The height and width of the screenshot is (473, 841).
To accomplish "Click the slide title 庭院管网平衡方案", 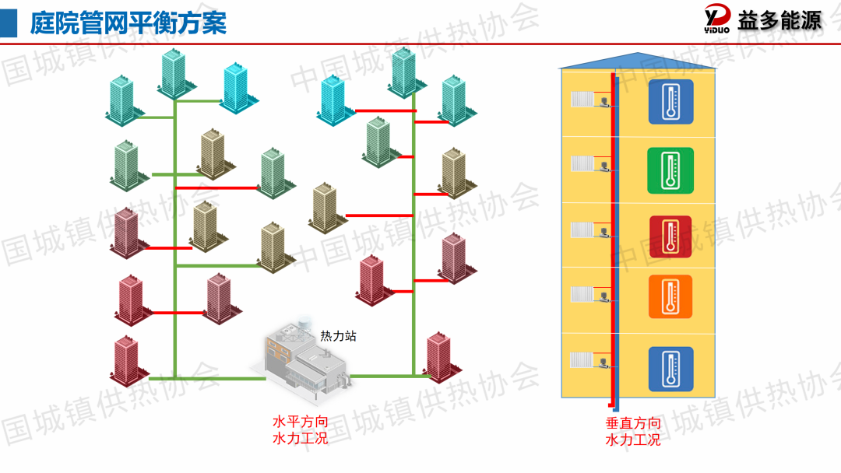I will [128, 23].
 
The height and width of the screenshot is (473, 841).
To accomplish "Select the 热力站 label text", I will [339, 336].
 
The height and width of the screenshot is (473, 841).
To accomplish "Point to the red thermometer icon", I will [670, 236].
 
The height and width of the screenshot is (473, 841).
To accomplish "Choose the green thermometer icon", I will [670, 170].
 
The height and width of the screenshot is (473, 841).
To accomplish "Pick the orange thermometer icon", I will [670, 296].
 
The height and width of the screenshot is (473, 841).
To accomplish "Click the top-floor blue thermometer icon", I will [670, 102].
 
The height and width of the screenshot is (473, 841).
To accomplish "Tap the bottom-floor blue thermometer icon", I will [670, 369].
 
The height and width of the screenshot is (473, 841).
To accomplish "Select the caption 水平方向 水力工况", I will [301, 430].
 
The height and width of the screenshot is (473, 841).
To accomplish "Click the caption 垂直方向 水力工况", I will [633, 431].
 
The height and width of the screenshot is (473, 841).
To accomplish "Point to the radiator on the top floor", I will [582, 100].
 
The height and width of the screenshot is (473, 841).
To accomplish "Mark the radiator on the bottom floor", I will [582, 360].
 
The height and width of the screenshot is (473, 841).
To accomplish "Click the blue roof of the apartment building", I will [637, 61].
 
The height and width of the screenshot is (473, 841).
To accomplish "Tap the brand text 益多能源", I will [779, 21].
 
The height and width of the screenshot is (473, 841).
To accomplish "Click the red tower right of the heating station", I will [440, 358].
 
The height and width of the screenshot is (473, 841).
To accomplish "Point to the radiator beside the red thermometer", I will [582, 229].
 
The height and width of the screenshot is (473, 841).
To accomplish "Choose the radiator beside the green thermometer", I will [582, 163].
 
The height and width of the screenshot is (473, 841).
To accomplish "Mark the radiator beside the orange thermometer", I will [582, 294].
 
